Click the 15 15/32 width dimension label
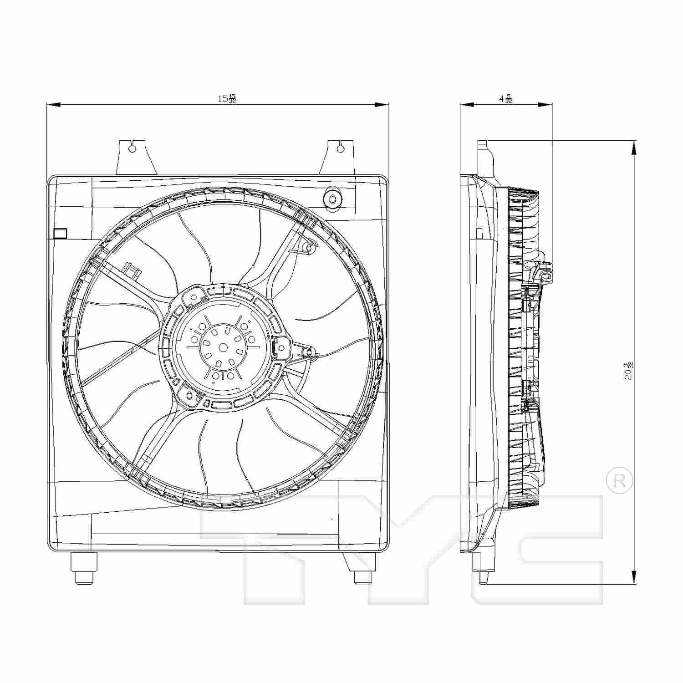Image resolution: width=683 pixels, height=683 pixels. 226,98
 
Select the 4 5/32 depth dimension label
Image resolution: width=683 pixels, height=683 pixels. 506,98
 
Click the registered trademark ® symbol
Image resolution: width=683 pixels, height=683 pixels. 620,481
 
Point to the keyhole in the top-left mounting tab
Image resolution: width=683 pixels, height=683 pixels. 132,148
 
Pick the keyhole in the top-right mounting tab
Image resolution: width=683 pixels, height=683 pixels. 341,147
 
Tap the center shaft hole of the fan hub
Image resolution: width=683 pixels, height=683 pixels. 223,347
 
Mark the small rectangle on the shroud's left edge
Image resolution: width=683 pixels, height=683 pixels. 60,233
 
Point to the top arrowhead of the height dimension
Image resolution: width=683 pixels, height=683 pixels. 634,148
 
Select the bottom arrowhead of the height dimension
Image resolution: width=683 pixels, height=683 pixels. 634,577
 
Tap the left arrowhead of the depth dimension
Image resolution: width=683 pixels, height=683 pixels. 467,105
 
